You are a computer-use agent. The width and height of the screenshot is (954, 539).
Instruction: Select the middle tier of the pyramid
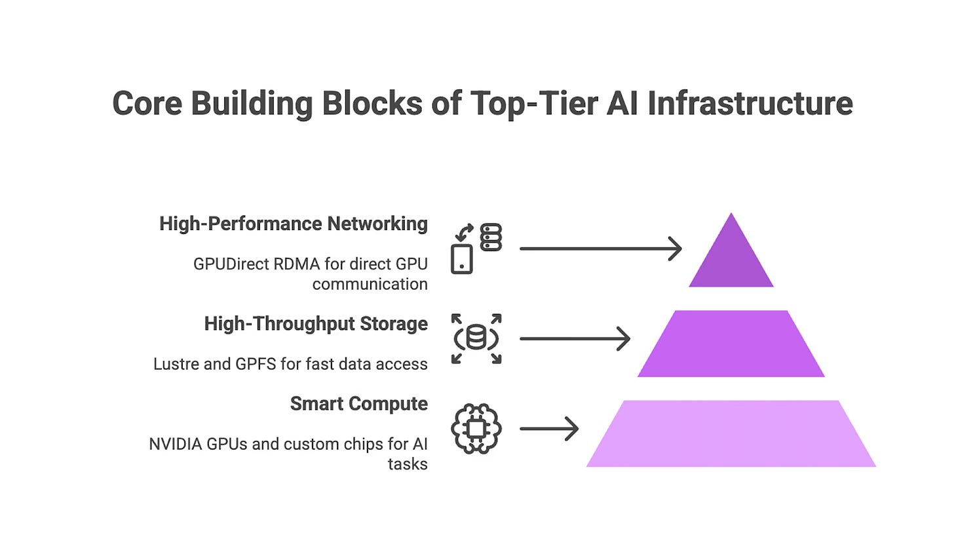(731, 344)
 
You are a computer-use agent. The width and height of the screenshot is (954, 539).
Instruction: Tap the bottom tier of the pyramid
(731, 433)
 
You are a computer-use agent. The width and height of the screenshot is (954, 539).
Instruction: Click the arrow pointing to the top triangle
(600, 249)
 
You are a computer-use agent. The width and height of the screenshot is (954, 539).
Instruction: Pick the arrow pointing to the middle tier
(575, 339)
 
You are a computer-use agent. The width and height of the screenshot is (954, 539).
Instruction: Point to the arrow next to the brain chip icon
(549, 429)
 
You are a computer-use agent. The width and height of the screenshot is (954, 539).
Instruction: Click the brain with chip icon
(476, 429)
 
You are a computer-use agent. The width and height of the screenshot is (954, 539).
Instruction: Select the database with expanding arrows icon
(476, 339)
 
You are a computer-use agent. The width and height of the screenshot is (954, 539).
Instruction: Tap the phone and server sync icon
(476, 249)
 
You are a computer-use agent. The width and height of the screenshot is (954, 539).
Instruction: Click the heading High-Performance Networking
(293, 224)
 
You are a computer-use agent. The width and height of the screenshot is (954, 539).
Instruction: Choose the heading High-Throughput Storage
(315, 324)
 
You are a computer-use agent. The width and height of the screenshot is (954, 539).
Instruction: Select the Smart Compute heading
(358, 404)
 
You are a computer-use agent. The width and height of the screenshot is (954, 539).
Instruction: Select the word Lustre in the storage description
(173, 364)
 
